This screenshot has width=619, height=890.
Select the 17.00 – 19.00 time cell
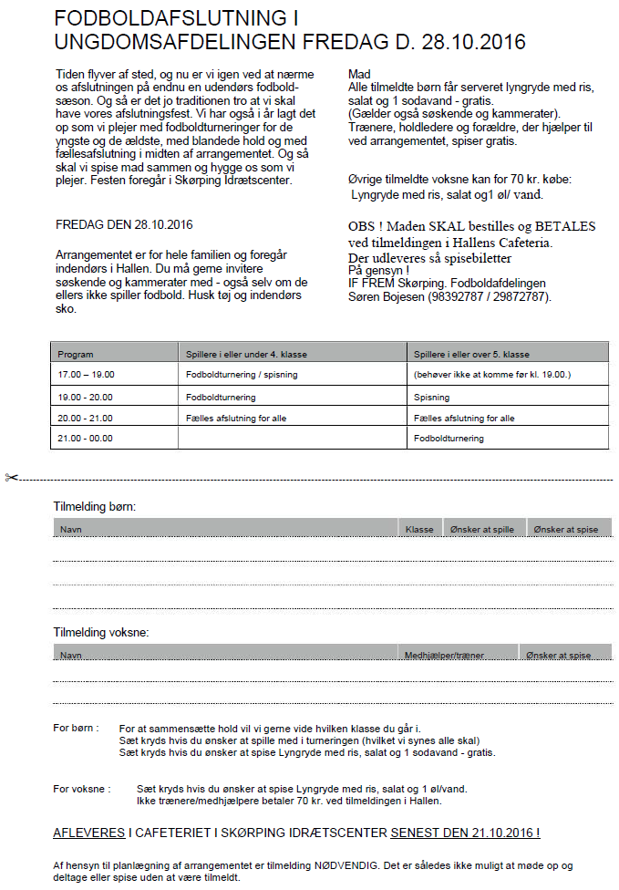[86, 375]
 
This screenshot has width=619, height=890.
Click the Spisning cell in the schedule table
[433, 398]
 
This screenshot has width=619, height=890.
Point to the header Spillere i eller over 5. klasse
[471, 354]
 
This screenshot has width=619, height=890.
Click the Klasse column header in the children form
[419, 529]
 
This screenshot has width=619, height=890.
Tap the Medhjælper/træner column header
[445, 655]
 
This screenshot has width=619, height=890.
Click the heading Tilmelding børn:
[100, 506]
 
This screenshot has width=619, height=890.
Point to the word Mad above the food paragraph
[359, 74]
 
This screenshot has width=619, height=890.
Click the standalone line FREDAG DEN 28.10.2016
[124, 224]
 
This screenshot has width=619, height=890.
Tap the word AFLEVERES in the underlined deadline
[88, 833]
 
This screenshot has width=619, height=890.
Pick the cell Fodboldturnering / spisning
[242, 375]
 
